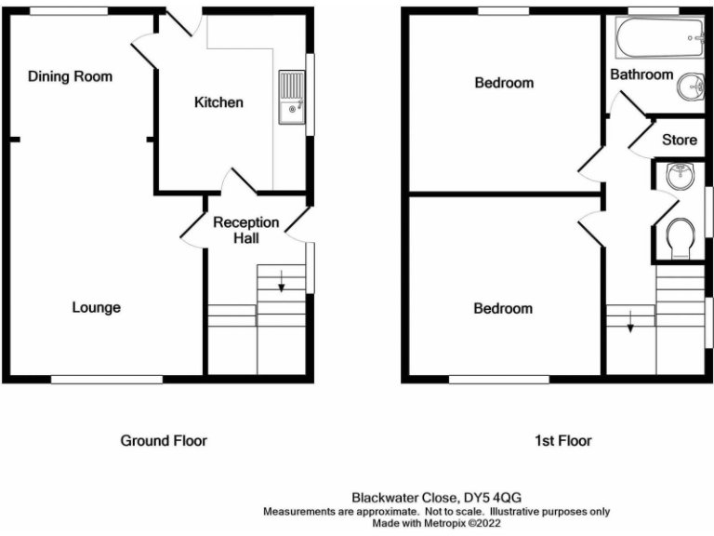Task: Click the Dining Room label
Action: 70,76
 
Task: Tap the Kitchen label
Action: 218,101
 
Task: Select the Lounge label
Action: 97,307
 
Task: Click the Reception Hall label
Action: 245,230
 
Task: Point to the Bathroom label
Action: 641,74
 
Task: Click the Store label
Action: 679,141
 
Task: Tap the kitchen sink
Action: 290,98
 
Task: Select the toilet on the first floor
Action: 681,237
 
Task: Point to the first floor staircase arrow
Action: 630,325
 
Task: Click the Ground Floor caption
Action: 164,440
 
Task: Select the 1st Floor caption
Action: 563,440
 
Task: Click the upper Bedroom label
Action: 504,83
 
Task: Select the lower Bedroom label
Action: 504,308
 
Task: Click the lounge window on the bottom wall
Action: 106,379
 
